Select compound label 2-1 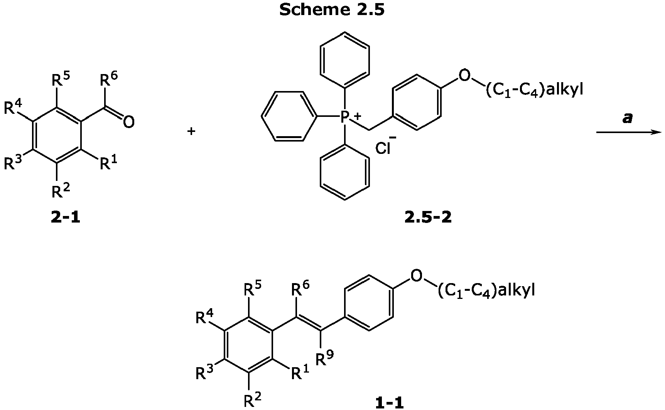(x=66, y=218)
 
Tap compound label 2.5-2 (x=428, y=218)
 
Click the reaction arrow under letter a (x=629, y=132)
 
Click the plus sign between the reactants (x=191, y=132)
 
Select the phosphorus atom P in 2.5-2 (x=345, y=116)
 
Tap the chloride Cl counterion (x=383, y=148)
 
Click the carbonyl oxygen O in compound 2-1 (x=129, y=122)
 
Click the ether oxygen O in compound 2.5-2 (x=465, y=76)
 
